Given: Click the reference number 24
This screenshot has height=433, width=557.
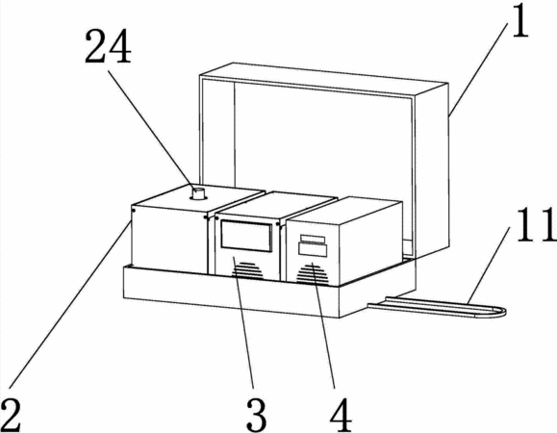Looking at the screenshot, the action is (108, 47).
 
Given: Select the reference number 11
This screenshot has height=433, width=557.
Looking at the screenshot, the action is (537, 225).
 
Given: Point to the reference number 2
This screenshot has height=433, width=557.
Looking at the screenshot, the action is (11, 415).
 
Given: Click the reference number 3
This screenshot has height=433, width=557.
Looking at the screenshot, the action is (256, 415).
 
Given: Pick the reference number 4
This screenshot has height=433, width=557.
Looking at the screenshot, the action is (341, 415).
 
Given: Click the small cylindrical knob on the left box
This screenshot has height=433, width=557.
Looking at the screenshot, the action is (198, 194).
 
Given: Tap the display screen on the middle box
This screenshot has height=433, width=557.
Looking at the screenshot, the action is (246, 236).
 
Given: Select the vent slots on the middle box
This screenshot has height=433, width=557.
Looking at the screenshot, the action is (247, 270).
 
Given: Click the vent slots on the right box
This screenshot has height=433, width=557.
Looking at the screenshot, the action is (312, 274).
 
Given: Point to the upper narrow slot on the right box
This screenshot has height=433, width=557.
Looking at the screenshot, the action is (313, 239).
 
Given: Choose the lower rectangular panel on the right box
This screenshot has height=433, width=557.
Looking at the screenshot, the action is (313, 249).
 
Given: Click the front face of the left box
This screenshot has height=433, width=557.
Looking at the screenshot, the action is (169, 241).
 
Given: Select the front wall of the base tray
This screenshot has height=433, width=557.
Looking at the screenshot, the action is (231, 292).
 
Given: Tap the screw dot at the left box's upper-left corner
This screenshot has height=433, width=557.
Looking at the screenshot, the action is (133, 211).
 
